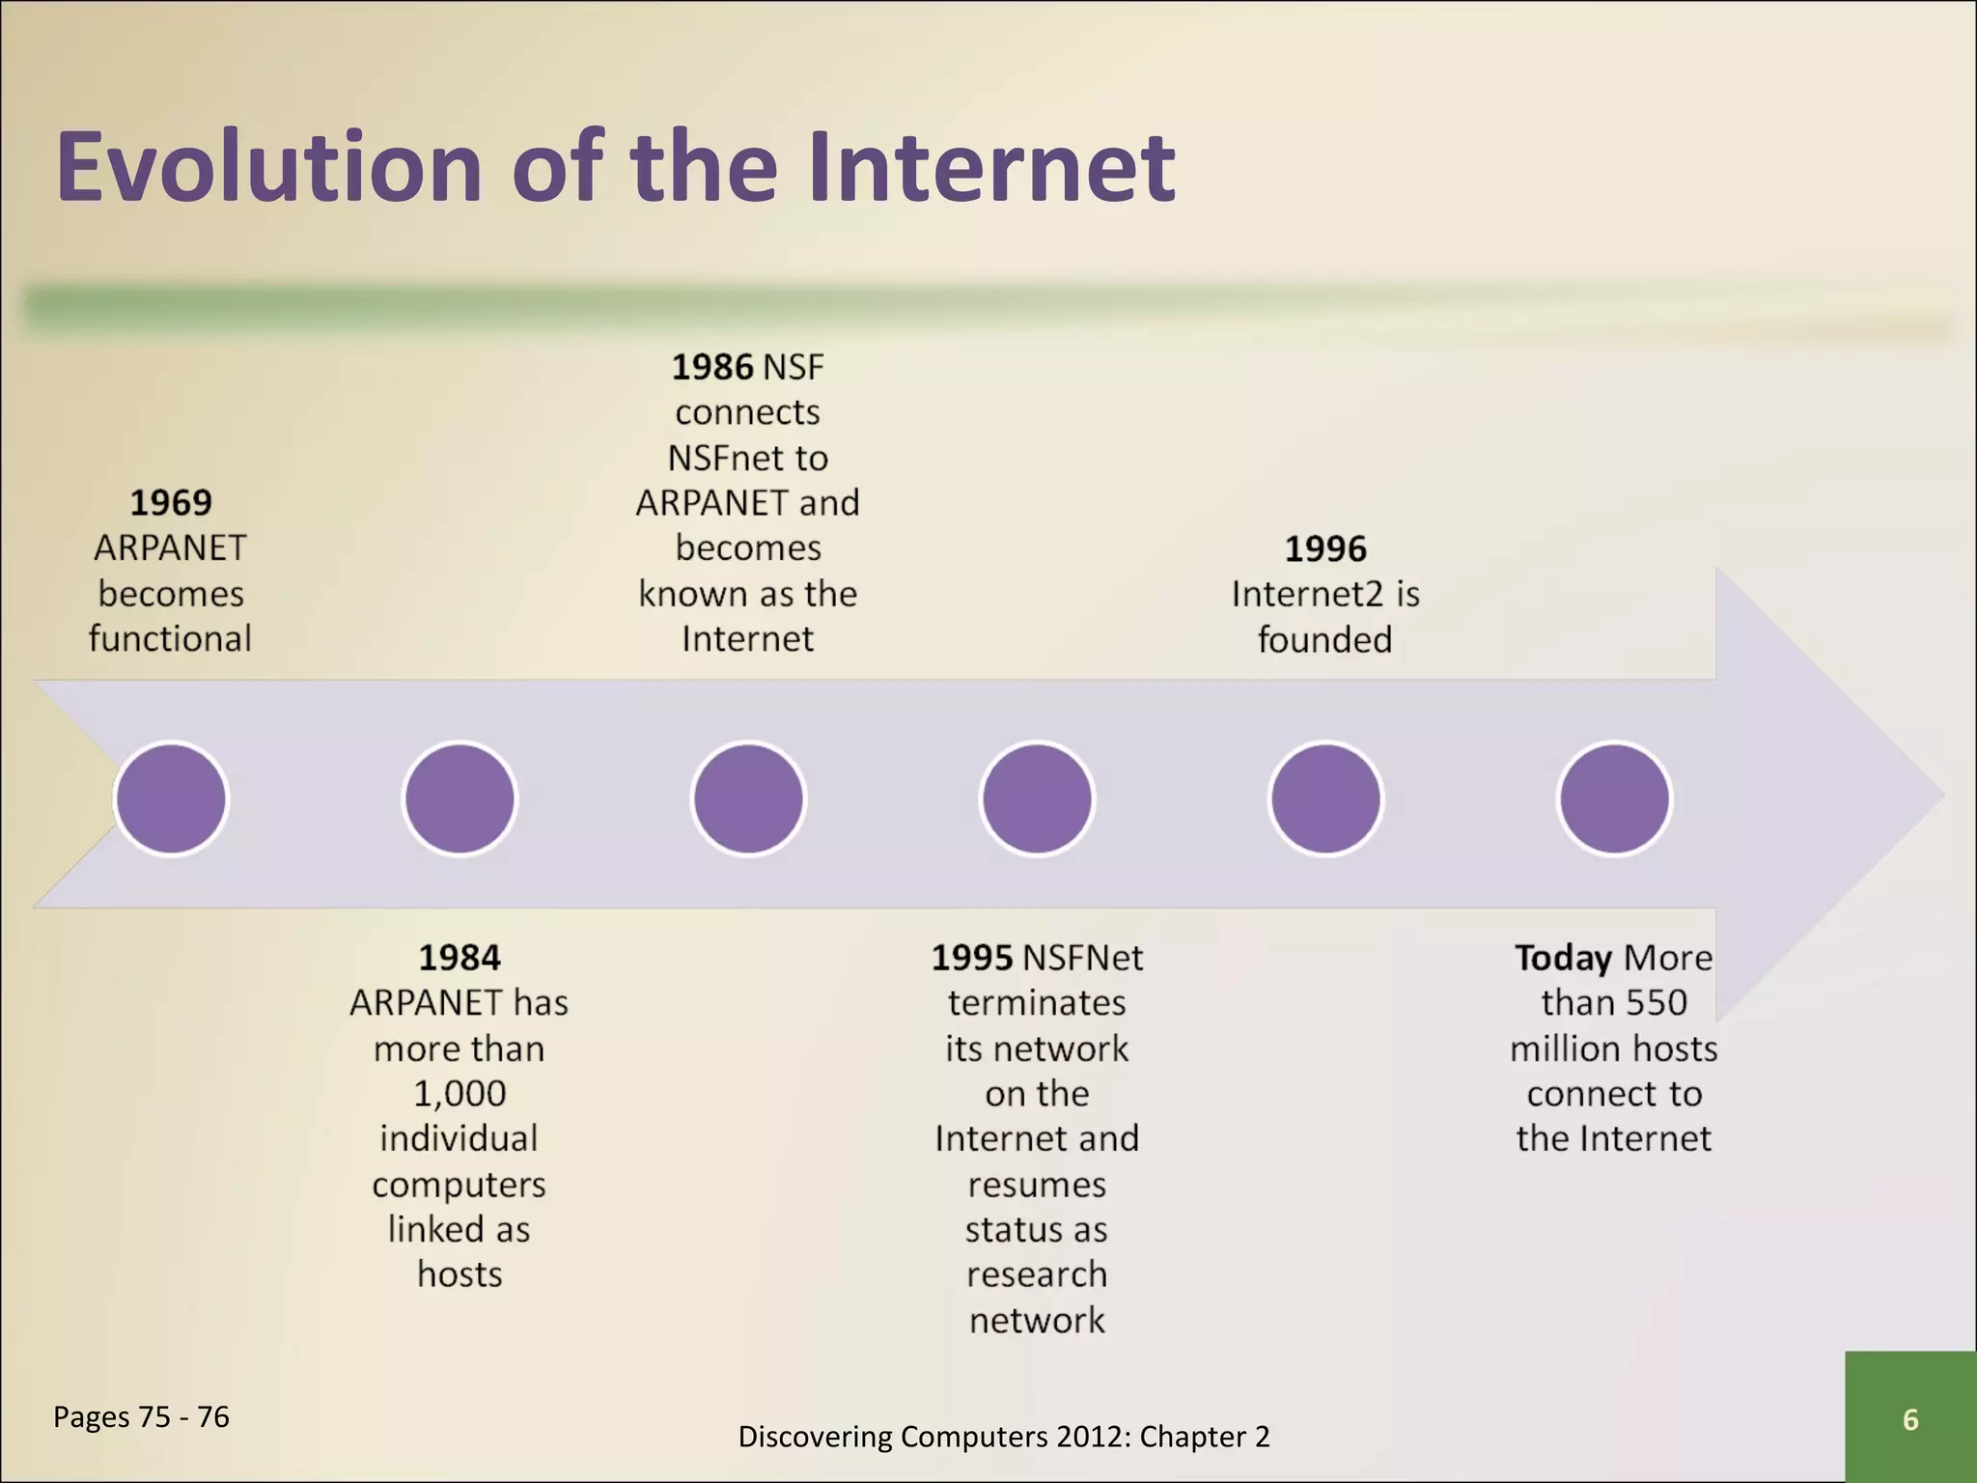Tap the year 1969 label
coord(171,502)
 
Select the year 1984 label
coord(459,958)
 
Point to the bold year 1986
coord(711,367)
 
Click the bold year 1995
coord(972,958)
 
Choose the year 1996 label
coord(1325,549)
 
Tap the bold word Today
coord(1563,958)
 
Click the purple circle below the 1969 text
coord(171,798)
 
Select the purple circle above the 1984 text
coord(459,798)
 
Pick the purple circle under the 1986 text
coord(748,798)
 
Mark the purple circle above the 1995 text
coord(1037,798)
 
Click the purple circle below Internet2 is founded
coord(1325,798)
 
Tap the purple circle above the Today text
coord(1614,798)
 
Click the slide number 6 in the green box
coord(1909,1419)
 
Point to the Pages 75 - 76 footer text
coord(141,1416)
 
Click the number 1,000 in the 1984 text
coord(459,1094)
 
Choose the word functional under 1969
coord(171,639)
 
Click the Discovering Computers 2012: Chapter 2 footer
coord(1003,1437)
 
